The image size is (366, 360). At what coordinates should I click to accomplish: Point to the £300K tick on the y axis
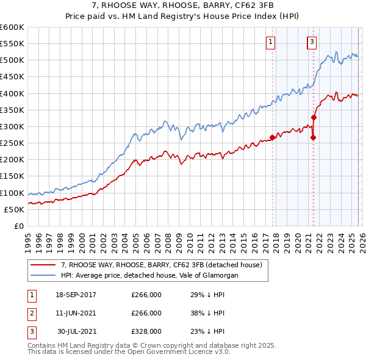click(12, 127)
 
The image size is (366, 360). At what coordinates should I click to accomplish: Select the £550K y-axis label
click(12, 44)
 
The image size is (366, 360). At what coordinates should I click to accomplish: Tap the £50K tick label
click(14, 210)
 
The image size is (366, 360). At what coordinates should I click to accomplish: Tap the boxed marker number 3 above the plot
click(312, 42)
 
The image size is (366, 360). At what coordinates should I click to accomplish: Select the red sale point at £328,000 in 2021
click(314, 117)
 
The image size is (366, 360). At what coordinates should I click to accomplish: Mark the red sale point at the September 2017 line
click(272, 137)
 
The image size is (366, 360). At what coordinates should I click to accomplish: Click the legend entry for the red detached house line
click(161, 265)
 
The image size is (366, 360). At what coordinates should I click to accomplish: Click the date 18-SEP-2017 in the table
click(76, 295)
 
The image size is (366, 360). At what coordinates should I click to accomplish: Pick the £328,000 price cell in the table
click(146, 331)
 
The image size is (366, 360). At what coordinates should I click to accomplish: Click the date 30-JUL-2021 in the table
click(77, 331)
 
